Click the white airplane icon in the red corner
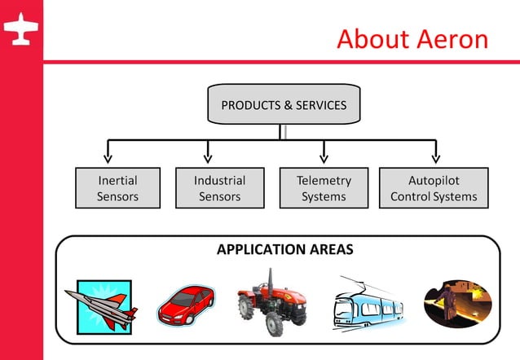[x=21, y=31]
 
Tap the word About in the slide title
[x=369, y=38]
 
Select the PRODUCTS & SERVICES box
[x=284, y=105]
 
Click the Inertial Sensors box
[x=118, y=188]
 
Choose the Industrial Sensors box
[x=219, y=188]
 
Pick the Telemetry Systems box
[x=324, y=188]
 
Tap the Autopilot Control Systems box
[x=434, y=188]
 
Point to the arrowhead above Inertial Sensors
[x=108, y=156]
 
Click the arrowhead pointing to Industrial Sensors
[x=208, y=156]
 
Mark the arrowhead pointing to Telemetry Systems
[x=324, y=156]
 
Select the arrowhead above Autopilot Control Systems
[x=435, y=156]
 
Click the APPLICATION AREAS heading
[x=284, y=249]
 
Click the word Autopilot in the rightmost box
[x=434, y=180]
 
